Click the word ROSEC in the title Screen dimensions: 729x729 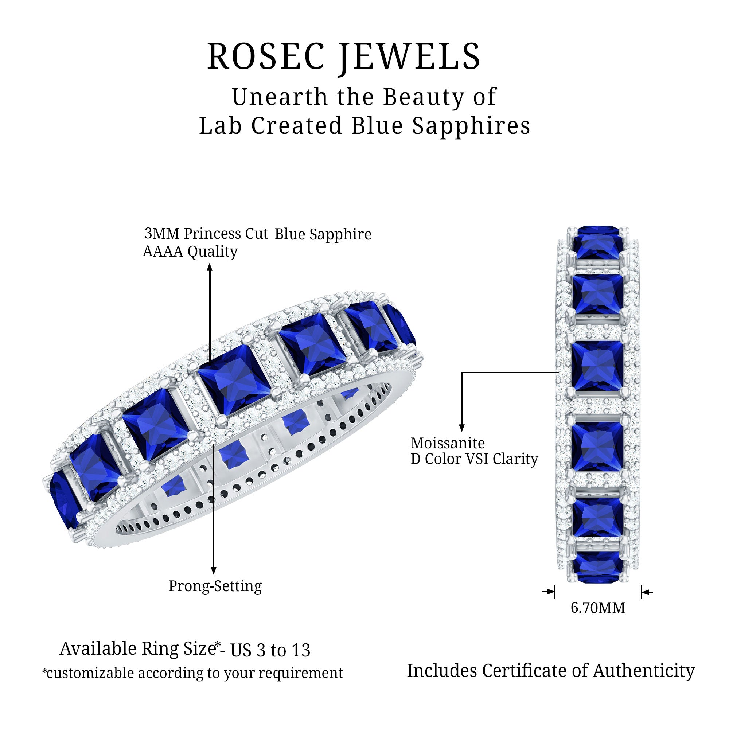pos(266,56)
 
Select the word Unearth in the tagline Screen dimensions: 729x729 pos(280,97)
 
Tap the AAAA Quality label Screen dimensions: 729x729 pos(190,251)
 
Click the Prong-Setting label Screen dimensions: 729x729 pos(215,586)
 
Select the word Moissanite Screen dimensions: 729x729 pos(448,443)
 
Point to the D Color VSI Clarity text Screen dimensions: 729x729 pos(474,459)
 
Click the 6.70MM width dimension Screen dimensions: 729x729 pos(598,608)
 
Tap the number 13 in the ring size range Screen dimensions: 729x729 pos(301,650)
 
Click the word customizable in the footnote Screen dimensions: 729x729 pos(90,673)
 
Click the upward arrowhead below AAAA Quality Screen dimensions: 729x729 pos(210,267)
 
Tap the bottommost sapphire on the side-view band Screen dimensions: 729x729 pos(598,573)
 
